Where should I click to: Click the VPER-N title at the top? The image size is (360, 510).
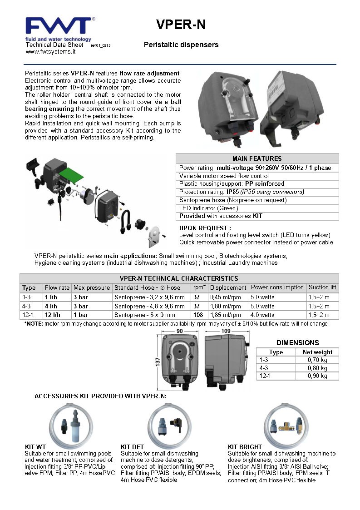pyautogui.click(x=181, y=25)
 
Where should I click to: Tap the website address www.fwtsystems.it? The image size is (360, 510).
pyautogui.click(x=50, y=52)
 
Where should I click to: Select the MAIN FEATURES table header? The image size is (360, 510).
pyautogui.click(x=257, y=158)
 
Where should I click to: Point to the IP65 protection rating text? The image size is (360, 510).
pyautogui.click(x=232, y=192)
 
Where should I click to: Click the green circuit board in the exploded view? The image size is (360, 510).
pyautogui.click(x=71, y=175)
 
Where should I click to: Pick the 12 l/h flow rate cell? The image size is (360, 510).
pyautogui.click(x=52, y=315)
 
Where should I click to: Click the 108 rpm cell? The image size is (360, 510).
pyautogui.click(x=198, y=315)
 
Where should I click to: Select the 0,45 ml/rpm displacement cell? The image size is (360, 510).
pyautogui.click(x=225, y=297)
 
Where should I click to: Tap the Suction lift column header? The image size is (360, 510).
pyautogui.click(x=322, y=287)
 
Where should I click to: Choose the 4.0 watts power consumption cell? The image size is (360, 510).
pyautogui.click(x=262, y=315)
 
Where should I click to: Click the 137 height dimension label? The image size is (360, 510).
pyautogui.click(x=158, y=361)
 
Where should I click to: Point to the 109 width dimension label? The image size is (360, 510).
pyautogui.click(x=226, y=331)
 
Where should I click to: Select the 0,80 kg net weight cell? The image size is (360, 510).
pyautogui.click(x=317, y=368)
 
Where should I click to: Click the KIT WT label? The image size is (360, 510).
pyautogui.click(x=35, y=447)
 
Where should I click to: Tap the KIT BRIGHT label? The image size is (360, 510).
pyautogui.click(x=245, y=447)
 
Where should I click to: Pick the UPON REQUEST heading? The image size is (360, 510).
pyautogui.click(x=205, y=228)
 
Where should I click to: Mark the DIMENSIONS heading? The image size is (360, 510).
pyautogui.click(x=297, y=343)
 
